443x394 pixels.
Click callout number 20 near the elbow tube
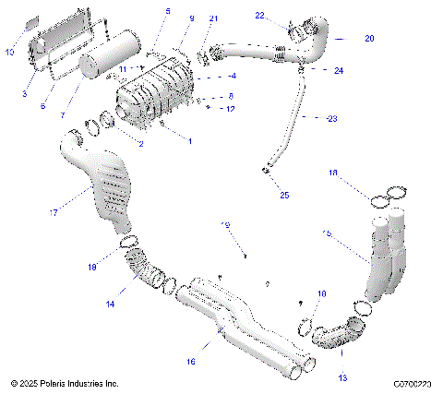tap(369, 39)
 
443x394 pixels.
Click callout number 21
tap(214, 18)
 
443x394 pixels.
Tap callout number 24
tap(339, 70)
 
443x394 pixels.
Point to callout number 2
tap(140, 144)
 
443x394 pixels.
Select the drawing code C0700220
tap(412, 382)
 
